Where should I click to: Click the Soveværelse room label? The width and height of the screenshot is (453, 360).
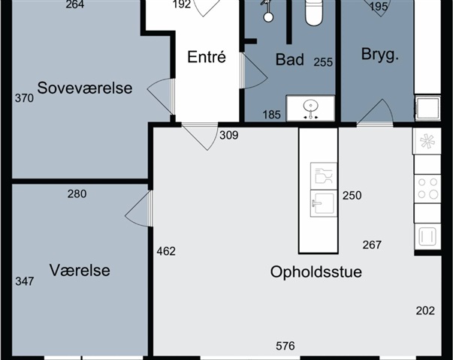(x=85, y=88)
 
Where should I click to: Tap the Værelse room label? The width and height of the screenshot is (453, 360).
(x=80, y=270)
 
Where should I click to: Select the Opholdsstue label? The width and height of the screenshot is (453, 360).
(x=316, y=272)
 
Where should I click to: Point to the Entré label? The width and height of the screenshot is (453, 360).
(x=207, y=57)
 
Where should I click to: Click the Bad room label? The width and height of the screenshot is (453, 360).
(x=290, y=60)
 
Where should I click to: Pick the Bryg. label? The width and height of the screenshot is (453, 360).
(x=380, y=54)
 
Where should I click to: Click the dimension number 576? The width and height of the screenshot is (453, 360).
(x=285, y=346)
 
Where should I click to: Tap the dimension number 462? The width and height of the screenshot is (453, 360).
(x=166, y=251)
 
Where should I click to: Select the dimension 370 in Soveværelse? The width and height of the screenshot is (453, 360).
(x=24, y=98)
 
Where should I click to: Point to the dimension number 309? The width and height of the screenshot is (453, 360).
(x=229, y=135)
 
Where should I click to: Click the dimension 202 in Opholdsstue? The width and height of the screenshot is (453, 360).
(x=425, y=310)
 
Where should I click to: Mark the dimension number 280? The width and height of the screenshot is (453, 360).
(x=77, y=193)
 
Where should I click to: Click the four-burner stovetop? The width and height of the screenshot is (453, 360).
(x=428, y=189)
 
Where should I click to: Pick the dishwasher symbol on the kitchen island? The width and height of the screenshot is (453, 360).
(x=324, y=176)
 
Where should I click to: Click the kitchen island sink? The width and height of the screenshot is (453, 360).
(x=324, y=203)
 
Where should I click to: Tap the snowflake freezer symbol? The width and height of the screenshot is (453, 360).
(x=427, y=141)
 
